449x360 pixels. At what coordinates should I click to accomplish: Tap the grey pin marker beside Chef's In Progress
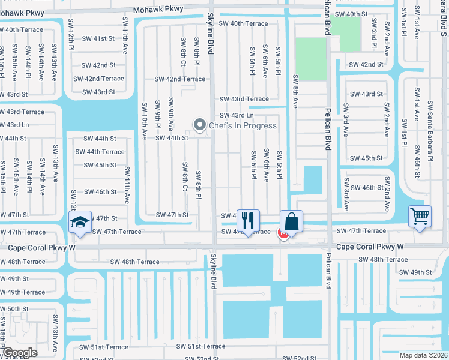[x=199, y=125]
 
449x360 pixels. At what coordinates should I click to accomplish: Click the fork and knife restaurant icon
[x=247, y=220]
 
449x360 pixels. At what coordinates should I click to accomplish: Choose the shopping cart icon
[x=420, y=215]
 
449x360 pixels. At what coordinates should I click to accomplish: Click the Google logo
[x=19, y=352]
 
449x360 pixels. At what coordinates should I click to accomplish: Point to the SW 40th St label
[x=351, y=13]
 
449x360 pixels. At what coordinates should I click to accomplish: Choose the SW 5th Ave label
[x=295, y=91]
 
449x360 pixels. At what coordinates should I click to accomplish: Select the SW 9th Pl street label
[x=157, y=115]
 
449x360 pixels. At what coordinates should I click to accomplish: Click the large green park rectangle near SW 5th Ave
[x=312, y=59]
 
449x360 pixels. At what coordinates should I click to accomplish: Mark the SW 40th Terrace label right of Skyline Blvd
[x=243, y=23]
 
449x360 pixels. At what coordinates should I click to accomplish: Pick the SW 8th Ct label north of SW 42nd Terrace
[x=183, y=51]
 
